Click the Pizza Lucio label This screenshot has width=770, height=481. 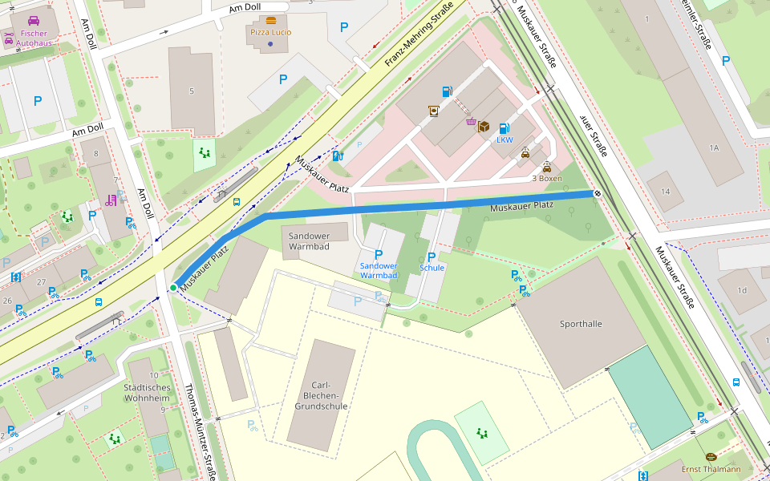pos(270,32)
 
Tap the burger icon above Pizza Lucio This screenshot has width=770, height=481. pos(270,20)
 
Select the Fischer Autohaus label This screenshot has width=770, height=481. pos(34,38)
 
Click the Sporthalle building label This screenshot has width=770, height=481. pos(581,324)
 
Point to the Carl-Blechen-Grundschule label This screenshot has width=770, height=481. pos(321,395)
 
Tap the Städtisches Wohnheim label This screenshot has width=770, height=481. pos(147,392)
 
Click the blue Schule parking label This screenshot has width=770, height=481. pos(432,268)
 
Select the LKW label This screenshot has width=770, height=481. pos(505,139)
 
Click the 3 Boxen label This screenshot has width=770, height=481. pos(546,178)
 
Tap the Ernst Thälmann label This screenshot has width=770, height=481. pos(711,469)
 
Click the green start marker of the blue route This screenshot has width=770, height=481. pos(172,287)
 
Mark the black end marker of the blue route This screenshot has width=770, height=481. pos(597,193)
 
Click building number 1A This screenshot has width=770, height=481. pos(714,148)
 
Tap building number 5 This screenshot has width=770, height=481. pos(191,91)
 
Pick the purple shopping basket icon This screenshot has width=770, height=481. pos(470,123)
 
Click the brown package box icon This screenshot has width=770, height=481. pos(484,127)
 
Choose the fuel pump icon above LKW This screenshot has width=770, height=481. pos(504,128)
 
